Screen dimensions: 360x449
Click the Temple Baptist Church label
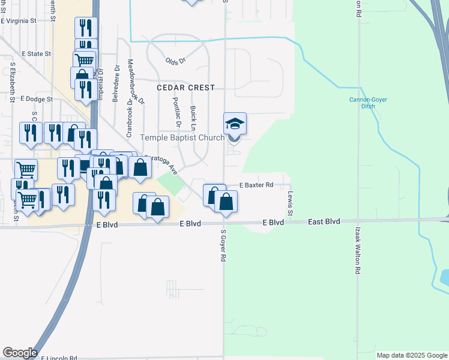click(x=182, y=137)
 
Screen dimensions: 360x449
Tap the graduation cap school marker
click(x=235, y=124)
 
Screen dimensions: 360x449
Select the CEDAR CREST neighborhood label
click(x=185, y=88)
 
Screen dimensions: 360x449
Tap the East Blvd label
click(x=324, y=221)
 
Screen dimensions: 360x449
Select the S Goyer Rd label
click(x=223, y=245)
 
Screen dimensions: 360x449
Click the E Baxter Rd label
click(x=257, y=185)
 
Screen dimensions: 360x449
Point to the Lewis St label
click(x=290, y=204)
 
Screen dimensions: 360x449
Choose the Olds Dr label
click(x=175, y=61)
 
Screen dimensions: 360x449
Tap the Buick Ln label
click(x=193, y=119)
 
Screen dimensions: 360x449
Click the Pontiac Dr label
click(x=177, y=113)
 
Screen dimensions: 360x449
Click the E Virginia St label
click(x=19, y=20)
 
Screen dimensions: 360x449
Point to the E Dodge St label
click(x=37, y=99)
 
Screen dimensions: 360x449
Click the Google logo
click(x=19, y=353)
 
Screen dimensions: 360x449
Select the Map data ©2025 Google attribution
click(x=412, y=355)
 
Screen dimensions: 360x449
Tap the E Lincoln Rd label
click(x=59, y=358)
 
